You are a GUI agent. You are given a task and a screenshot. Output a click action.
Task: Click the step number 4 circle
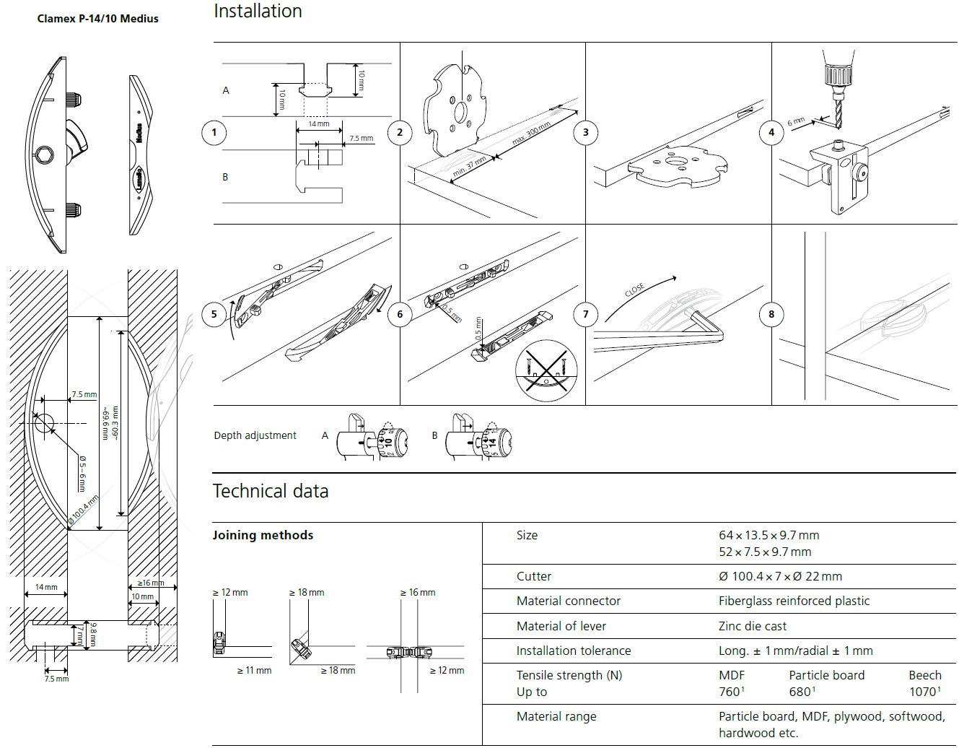pos(771,132)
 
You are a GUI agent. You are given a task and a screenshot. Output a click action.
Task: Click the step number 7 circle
pos(585,314)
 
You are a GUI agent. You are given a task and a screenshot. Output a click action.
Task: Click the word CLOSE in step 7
pos(634,290)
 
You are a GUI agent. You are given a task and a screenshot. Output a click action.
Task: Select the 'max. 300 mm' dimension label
pos(531,134)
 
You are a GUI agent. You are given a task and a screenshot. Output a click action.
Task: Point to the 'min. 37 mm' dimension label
pos(469,167)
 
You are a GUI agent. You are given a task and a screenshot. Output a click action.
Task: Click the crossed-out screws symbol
pos(546,370)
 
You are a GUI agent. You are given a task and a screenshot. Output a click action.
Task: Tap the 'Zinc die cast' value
pos(752,626)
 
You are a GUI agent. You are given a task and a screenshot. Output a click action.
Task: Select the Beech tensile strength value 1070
pos(923,692)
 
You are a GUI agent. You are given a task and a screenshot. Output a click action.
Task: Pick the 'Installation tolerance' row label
pos(573,651)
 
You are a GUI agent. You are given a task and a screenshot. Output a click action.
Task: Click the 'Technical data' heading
pos(271,491)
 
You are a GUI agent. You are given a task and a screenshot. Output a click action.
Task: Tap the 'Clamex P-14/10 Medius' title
pos(97,19)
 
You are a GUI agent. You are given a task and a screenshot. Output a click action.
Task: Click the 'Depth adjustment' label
pos(255,435)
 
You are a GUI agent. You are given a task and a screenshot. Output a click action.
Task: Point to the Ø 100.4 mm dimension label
pos(84,509)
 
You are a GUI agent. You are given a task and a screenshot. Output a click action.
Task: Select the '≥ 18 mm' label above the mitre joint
pos(307,592)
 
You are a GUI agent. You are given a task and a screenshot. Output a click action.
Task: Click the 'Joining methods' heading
pos(263,535)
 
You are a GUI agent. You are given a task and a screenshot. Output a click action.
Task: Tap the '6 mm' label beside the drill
pos(795,121)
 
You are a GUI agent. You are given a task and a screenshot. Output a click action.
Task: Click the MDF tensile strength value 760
pos(730,692)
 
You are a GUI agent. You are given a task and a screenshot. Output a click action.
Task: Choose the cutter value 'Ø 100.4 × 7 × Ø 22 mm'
pos(780,576)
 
